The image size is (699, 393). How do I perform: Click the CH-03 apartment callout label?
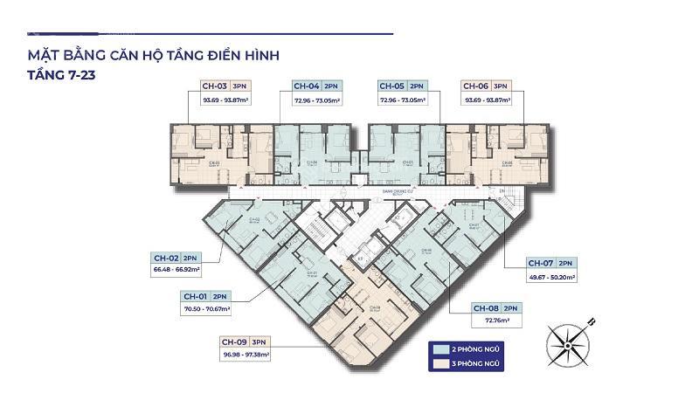pyautogui.click(x=215, y=86)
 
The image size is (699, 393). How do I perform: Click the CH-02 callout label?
pyautogui.click(x=167, y=259)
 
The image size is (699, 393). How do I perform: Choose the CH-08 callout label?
pyautogui.click(x=486, y=308)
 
